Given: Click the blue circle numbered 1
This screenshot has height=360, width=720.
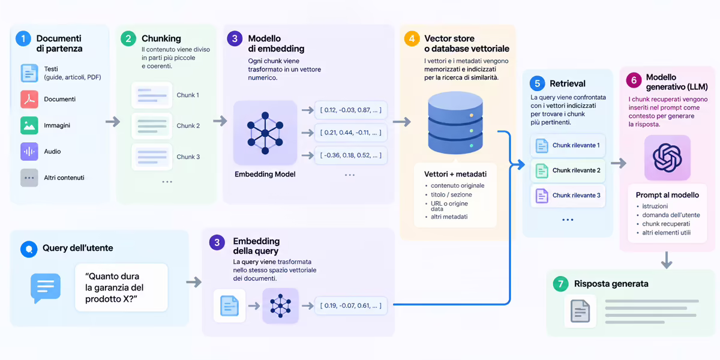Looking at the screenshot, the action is [23, 39].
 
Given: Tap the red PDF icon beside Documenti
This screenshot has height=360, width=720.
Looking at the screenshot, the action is [29, 99].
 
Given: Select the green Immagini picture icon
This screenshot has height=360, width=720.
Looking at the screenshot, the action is [29, 125].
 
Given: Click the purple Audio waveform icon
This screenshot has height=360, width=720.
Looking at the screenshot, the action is [29, 151].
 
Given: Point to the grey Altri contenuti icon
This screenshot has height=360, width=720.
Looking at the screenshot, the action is [29, 178].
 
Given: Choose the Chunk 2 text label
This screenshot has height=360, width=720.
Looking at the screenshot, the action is [188, 125].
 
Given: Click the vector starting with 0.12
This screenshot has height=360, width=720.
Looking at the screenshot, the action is [350, 110].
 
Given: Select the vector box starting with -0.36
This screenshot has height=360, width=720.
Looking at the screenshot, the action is [350, 155].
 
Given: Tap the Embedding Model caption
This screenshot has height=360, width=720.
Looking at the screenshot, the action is [265, 174].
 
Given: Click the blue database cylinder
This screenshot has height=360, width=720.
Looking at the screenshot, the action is [455, 122].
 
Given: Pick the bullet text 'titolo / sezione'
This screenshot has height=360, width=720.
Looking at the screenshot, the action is [451, 194].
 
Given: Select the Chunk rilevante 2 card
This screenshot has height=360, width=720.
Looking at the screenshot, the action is [568, 170].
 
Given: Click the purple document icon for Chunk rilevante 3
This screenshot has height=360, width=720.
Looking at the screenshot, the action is [542, 196].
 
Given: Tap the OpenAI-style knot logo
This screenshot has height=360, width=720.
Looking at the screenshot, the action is [667, 158].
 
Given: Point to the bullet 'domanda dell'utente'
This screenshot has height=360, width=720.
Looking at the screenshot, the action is [671, 215].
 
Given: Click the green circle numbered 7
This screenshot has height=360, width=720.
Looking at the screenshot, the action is [560, 284].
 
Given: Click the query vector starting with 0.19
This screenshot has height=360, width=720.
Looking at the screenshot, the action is [350, 305].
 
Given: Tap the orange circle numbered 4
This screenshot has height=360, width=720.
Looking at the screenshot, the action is [412, 39].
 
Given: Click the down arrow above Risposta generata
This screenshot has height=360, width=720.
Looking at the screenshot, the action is [667, 260].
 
